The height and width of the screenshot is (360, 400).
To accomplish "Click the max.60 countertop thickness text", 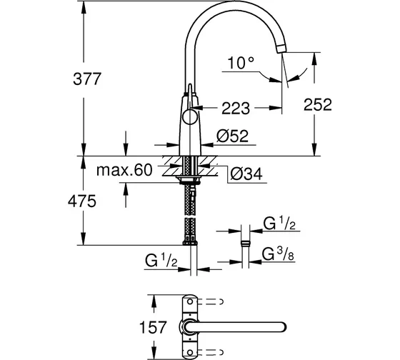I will click(125, 169).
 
